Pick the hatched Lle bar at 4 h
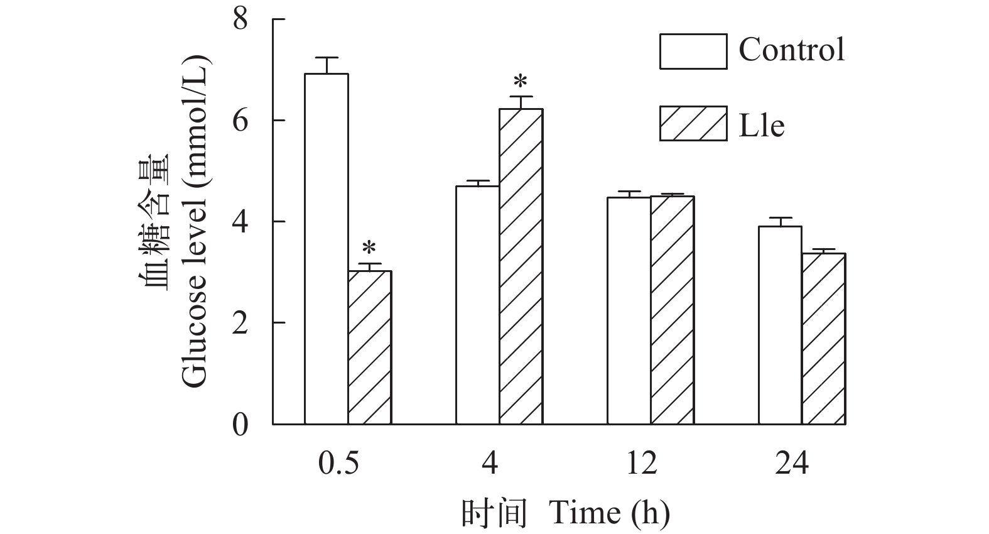click(x=521, y=266)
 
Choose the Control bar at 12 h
click(x=629, y=311)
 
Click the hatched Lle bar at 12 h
click(x=672, y=310)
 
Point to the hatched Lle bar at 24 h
click(x=823, y=339)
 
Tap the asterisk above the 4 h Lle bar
click(x=521, y=82)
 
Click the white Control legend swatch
click(x=693, y=51)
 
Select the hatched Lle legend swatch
click(x=693, y=123)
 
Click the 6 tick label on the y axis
click(x=240, y=121)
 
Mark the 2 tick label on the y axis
click(x=240, y=324)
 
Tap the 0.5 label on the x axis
click(x=338, y=464)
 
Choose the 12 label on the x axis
click(x=641, y=464)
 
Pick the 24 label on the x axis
click(x=792, y=464)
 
